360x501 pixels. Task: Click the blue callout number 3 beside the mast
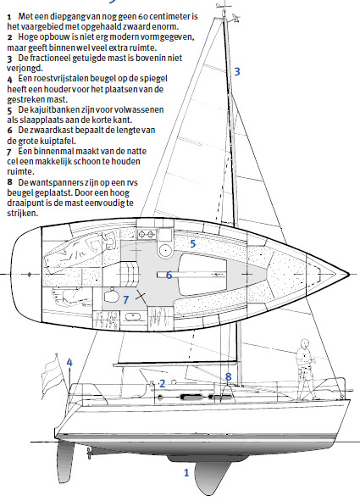click(237, 71)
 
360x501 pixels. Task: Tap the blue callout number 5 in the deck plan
click(193, 244)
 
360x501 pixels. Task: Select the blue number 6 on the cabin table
click(169, 275)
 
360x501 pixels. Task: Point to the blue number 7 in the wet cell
click(126, 299)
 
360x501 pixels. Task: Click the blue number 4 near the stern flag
click(69, 362)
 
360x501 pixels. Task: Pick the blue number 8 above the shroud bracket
click(228, 376)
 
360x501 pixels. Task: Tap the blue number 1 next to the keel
click(186, 472)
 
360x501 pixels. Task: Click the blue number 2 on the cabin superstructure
click(162, 383)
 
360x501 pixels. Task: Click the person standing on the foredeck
click(306, 370)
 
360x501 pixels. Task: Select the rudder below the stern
click(65, 458)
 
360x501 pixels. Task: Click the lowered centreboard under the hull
click(211, 477)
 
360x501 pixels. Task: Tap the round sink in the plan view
click(165, 250)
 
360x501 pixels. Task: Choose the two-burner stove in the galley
click(147, 235)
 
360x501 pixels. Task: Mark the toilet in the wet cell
click(110, 295)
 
